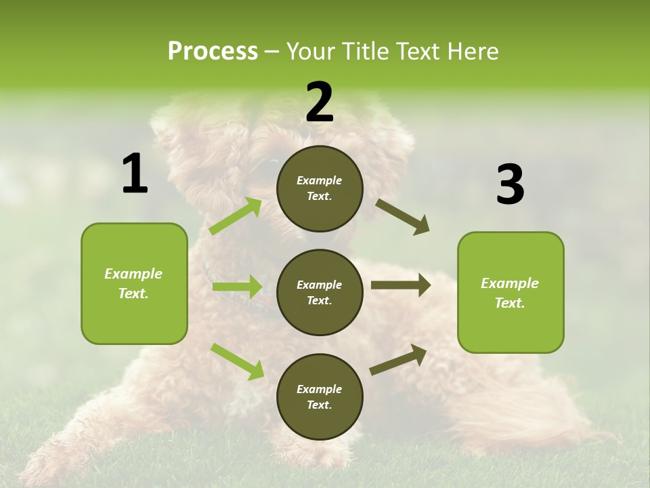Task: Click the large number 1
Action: tap(135, 174)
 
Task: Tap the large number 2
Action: tap(320, 103)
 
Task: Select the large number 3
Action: tap(510, 185)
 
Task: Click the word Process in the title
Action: tap(213, 51)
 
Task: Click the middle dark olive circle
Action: tap(320, 292)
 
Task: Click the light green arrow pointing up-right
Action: tap(236, 216)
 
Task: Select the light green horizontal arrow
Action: tap(237, 287)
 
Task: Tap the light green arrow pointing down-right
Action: tap(237, 361)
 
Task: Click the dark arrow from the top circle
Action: tap(403, 217)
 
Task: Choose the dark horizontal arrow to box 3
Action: tap(401, 285)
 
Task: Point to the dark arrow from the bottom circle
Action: tap(398, 359)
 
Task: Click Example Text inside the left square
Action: tap(133, 283)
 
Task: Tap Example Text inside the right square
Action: tap(510, 293)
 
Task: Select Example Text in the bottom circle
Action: tap(320, 396)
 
